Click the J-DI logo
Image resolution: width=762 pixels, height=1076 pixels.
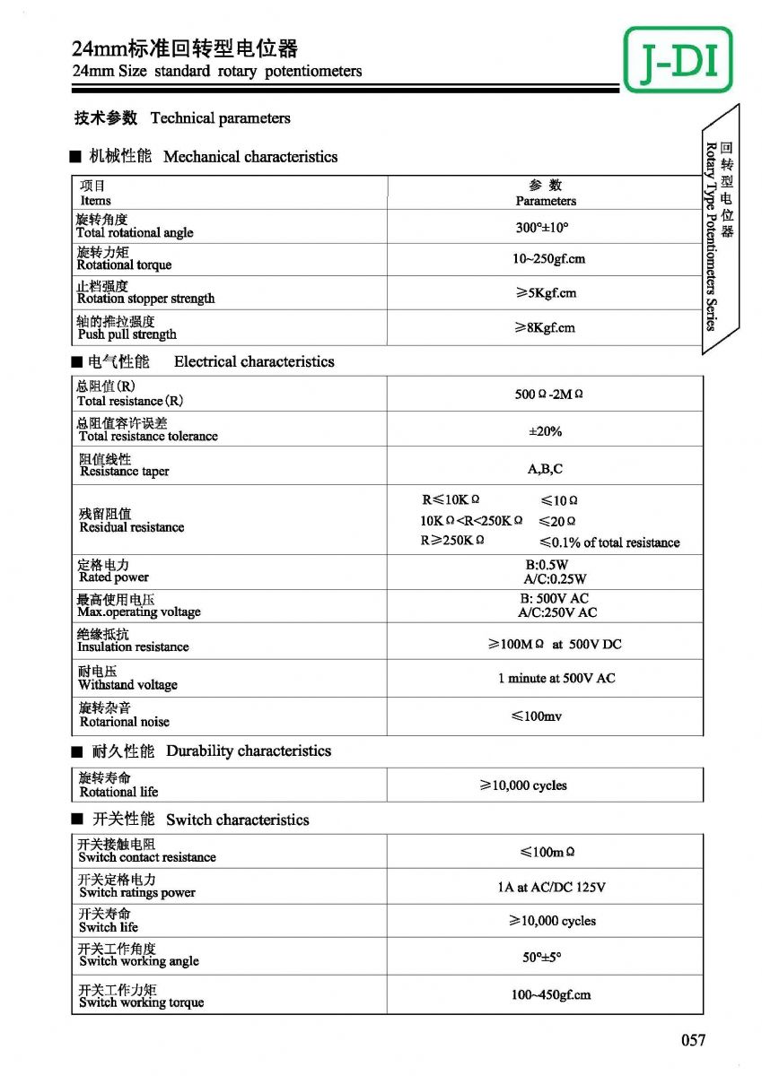[678, 60]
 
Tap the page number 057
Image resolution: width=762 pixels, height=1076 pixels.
[693, 1040]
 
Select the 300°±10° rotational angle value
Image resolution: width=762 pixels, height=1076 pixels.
[542, 228]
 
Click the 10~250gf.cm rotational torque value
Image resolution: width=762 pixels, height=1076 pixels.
[548, 259]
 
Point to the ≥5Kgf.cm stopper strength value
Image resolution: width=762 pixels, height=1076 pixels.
[545, 293]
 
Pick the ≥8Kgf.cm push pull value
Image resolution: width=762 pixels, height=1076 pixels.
[544, 328]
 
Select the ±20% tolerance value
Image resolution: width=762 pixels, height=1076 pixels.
[545, 431]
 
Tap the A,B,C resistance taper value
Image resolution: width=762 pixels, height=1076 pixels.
[545, 469]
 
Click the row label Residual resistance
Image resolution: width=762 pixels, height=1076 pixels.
[131, 527]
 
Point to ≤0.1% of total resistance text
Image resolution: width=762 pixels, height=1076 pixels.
[609, 542]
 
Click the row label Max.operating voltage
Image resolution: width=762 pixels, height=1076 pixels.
[138, 612]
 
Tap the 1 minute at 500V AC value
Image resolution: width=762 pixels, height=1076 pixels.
[556, 679]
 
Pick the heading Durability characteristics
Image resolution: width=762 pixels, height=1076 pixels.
[249, 751]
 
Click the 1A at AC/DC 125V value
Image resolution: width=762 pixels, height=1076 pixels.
[551, 888]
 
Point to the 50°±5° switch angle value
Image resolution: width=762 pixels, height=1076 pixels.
[542, 958]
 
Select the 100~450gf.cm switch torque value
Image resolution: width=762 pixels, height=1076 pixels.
[551, 995]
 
